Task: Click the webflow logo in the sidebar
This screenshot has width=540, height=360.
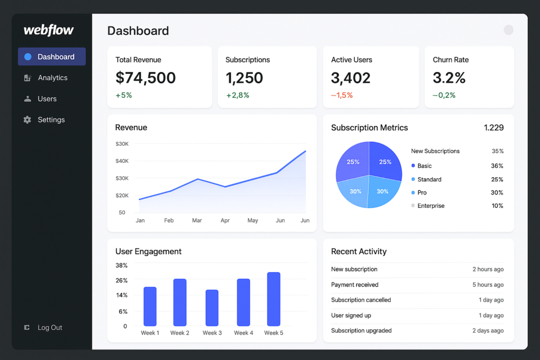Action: [x=49, y=31]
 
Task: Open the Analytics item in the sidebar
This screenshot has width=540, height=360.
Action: [x=52, y=78]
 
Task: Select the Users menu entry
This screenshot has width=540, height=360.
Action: [x=47, y=99]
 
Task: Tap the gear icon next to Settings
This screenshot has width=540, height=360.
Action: [x=27, y=120]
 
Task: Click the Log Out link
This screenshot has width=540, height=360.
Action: [x=50, y=328]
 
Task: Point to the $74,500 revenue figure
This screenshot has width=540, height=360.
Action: [x=146, y=78]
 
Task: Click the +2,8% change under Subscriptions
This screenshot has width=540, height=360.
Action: [x=237, y=95]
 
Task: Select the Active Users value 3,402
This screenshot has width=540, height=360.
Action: [x=351, y=78]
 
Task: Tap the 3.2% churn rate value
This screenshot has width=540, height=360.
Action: [x=449, y=78]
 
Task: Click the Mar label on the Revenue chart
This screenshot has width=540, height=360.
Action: [x=197, y=220]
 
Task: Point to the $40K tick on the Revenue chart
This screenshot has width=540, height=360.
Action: [x=122, y=161]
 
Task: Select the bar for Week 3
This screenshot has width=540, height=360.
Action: [x=212, y=308]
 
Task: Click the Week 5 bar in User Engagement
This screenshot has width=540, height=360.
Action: [x=274, y=299]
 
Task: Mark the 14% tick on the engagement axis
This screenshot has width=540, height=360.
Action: [x=121, y=295]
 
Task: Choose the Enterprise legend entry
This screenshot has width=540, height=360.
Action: [x=430, y=206]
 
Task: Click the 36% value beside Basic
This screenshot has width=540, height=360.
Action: [x=497, y=166]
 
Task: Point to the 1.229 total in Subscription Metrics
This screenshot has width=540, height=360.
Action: [x=494, y=128]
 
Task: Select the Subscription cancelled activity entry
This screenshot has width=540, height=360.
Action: [x=361, y=300]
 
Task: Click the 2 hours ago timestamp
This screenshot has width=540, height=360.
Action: [x=488, y=269]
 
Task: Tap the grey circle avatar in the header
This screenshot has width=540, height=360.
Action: [x=508, y=30]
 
